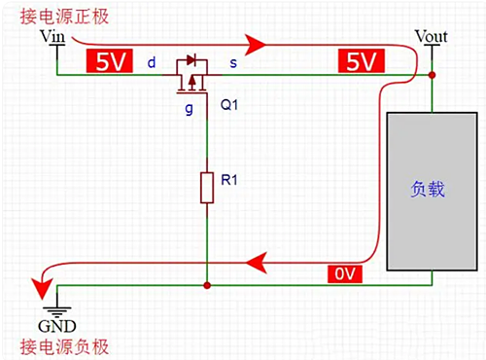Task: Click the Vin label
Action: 51,37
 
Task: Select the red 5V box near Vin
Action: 109,61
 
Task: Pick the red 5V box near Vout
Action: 360,61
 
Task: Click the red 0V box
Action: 346,275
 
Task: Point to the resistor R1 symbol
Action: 207,187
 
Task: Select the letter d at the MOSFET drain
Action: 152,63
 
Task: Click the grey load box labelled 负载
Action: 428,190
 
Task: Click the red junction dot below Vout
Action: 432,75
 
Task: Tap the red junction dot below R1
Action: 207,286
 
